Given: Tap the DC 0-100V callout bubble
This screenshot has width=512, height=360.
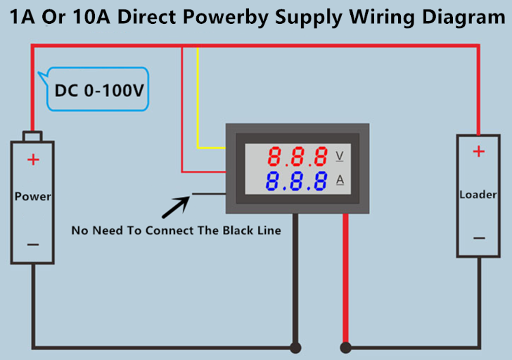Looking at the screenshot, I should tap(98, 90).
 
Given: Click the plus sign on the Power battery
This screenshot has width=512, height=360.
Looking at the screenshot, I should tap(33, 160).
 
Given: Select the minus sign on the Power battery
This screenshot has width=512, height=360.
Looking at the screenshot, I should tap(33, 244).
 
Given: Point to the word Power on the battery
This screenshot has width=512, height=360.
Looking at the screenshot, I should tap(33, 196).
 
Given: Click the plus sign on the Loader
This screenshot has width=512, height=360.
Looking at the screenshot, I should tap(478, 151).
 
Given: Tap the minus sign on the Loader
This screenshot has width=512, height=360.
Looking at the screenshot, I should tap(478, 238).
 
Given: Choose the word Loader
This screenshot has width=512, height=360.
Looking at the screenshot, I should tap(478, 194).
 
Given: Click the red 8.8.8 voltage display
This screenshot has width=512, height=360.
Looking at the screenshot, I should tap(299, 155).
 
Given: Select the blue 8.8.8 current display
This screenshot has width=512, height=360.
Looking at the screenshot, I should tap(299, 181).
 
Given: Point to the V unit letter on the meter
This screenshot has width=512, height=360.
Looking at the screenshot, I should tap(340, 155).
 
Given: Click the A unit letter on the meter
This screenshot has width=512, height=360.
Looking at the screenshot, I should tap(340, 181).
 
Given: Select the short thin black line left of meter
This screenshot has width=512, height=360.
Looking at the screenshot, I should tap(208, 193).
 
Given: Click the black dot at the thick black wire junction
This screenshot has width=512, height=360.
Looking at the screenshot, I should tap(296, 347).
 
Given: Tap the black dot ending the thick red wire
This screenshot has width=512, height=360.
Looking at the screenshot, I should tap(345, 347).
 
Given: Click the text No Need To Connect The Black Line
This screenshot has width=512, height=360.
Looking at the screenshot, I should tap(177, 230).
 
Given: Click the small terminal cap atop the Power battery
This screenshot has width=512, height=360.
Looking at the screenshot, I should tap(32, 136).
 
